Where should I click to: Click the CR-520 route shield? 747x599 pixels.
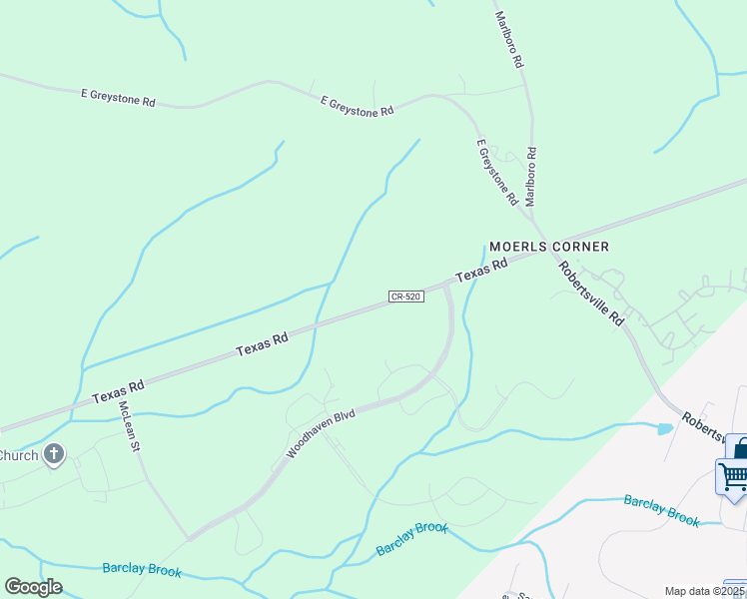pyautogui.click(x=408, y=298)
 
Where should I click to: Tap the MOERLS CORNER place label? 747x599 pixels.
pyautogui.click(x=548, y=247)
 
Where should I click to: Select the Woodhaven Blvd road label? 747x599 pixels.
pyautogui.click(x=321, y=434)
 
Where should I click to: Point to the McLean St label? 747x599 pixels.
pyautogui.click(x=127, y=425)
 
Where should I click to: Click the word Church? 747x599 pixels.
pyautogui.click(x=18, y=456)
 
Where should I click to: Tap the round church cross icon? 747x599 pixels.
pyautogui.click(x=54, y=456)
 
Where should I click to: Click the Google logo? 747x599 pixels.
pyautogui.click(x=33, y=587)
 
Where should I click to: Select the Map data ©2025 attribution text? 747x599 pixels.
pyautogui.click(x=703, y=591)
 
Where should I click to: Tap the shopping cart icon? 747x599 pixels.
pyautogui.click(x=732, y=476)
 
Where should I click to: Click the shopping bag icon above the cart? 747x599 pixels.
pyautogui.click(x=738, y=446)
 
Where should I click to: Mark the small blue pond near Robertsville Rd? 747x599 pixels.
pyautogui.click(x=665, y=429)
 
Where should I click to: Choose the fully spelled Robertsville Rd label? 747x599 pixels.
pyautogui.click(x=591, y=294)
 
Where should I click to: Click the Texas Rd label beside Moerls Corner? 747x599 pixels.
pyautogui.click(x=482, y=270)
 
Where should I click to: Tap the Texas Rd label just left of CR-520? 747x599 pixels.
pyautogui.click(x=262, y=344)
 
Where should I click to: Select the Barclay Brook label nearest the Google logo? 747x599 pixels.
pyautogui.click(x=142, y=569)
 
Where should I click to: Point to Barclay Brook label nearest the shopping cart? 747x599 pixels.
pyautogui.click(x=661, y=508)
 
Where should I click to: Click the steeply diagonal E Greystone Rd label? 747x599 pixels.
pyautogui.click(x=497, y=173)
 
